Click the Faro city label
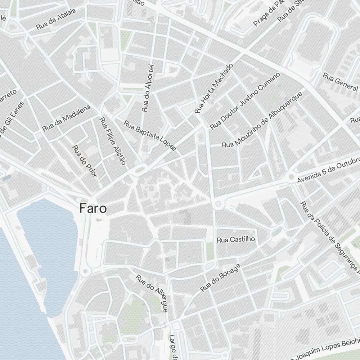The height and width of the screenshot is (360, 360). coord(93,208)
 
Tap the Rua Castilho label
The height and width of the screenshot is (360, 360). coord(236,239)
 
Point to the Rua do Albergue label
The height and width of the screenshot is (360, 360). coord(152,293)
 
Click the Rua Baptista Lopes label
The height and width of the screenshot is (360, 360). coord(150,135)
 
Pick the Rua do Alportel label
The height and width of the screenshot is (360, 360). coord(148,88)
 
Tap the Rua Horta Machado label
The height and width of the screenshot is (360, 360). coord(214,88)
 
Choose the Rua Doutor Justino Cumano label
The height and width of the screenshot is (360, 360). coord(245,101)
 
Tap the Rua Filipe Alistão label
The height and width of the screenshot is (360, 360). coord(113,141)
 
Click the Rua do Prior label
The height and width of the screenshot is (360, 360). coord(85,161)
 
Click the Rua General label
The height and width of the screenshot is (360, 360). coord(340,82)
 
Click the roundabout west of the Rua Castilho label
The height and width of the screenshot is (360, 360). coord(218,204)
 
